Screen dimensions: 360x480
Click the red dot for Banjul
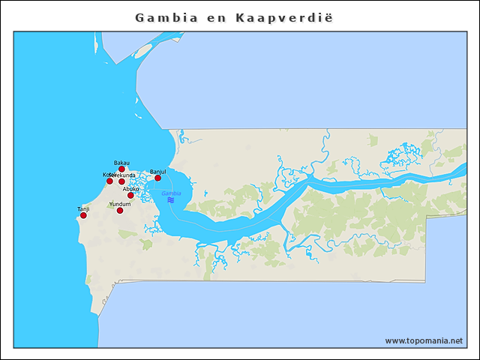(157, 178)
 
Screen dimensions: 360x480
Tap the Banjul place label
(157, 172)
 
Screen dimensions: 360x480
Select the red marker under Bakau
(121, 169)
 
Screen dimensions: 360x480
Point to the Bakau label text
(121, 163)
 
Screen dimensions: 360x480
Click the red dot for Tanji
(83, 215)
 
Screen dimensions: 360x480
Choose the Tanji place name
(83, 209)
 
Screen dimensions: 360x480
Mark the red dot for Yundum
(120, 210)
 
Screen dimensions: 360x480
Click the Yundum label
(120, 204)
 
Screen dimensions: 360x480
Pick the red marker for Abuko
(130, 195)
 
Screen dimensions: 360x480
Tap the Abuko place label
(130, 189)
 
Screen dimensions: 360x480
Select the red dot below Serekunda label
(121, 181)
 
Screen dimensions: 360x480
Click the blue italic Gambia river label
(171, 193)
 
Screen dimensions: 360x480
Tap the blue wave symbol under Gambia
(171, 200)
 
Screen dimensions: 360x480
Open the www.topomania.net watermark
(424, 340)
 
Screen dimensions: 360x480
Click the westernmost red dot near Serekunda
(109, 181)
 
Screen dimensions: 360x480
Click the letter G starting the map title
(139, 16)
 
